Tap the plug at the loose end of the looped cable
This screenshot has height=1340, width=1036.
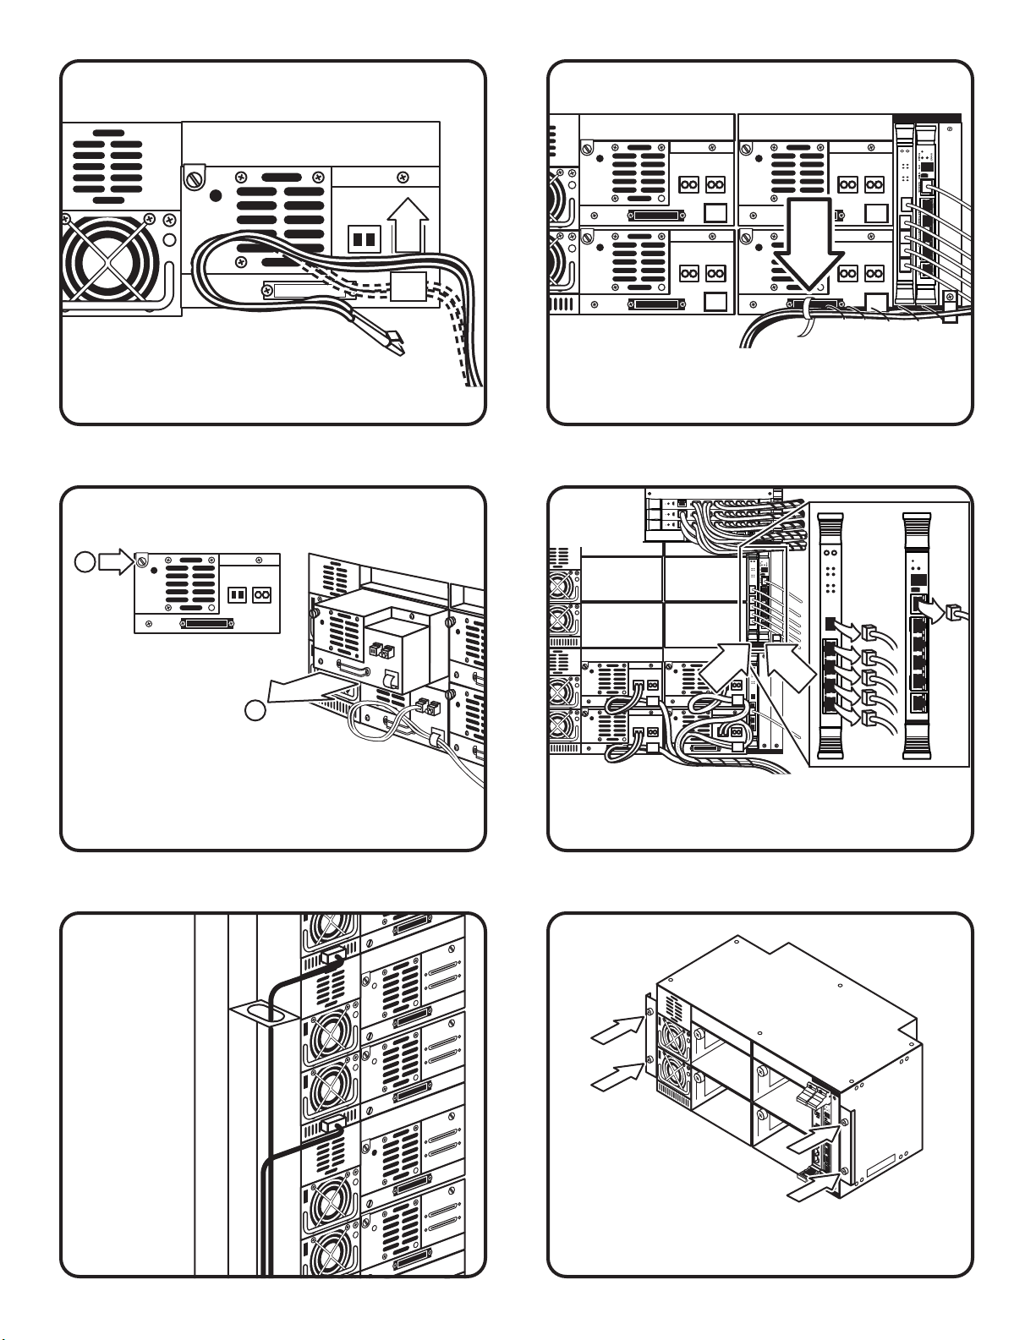pos(392,342)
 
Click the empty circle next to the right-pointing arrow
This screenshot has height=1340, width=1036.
pos(84,561)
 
